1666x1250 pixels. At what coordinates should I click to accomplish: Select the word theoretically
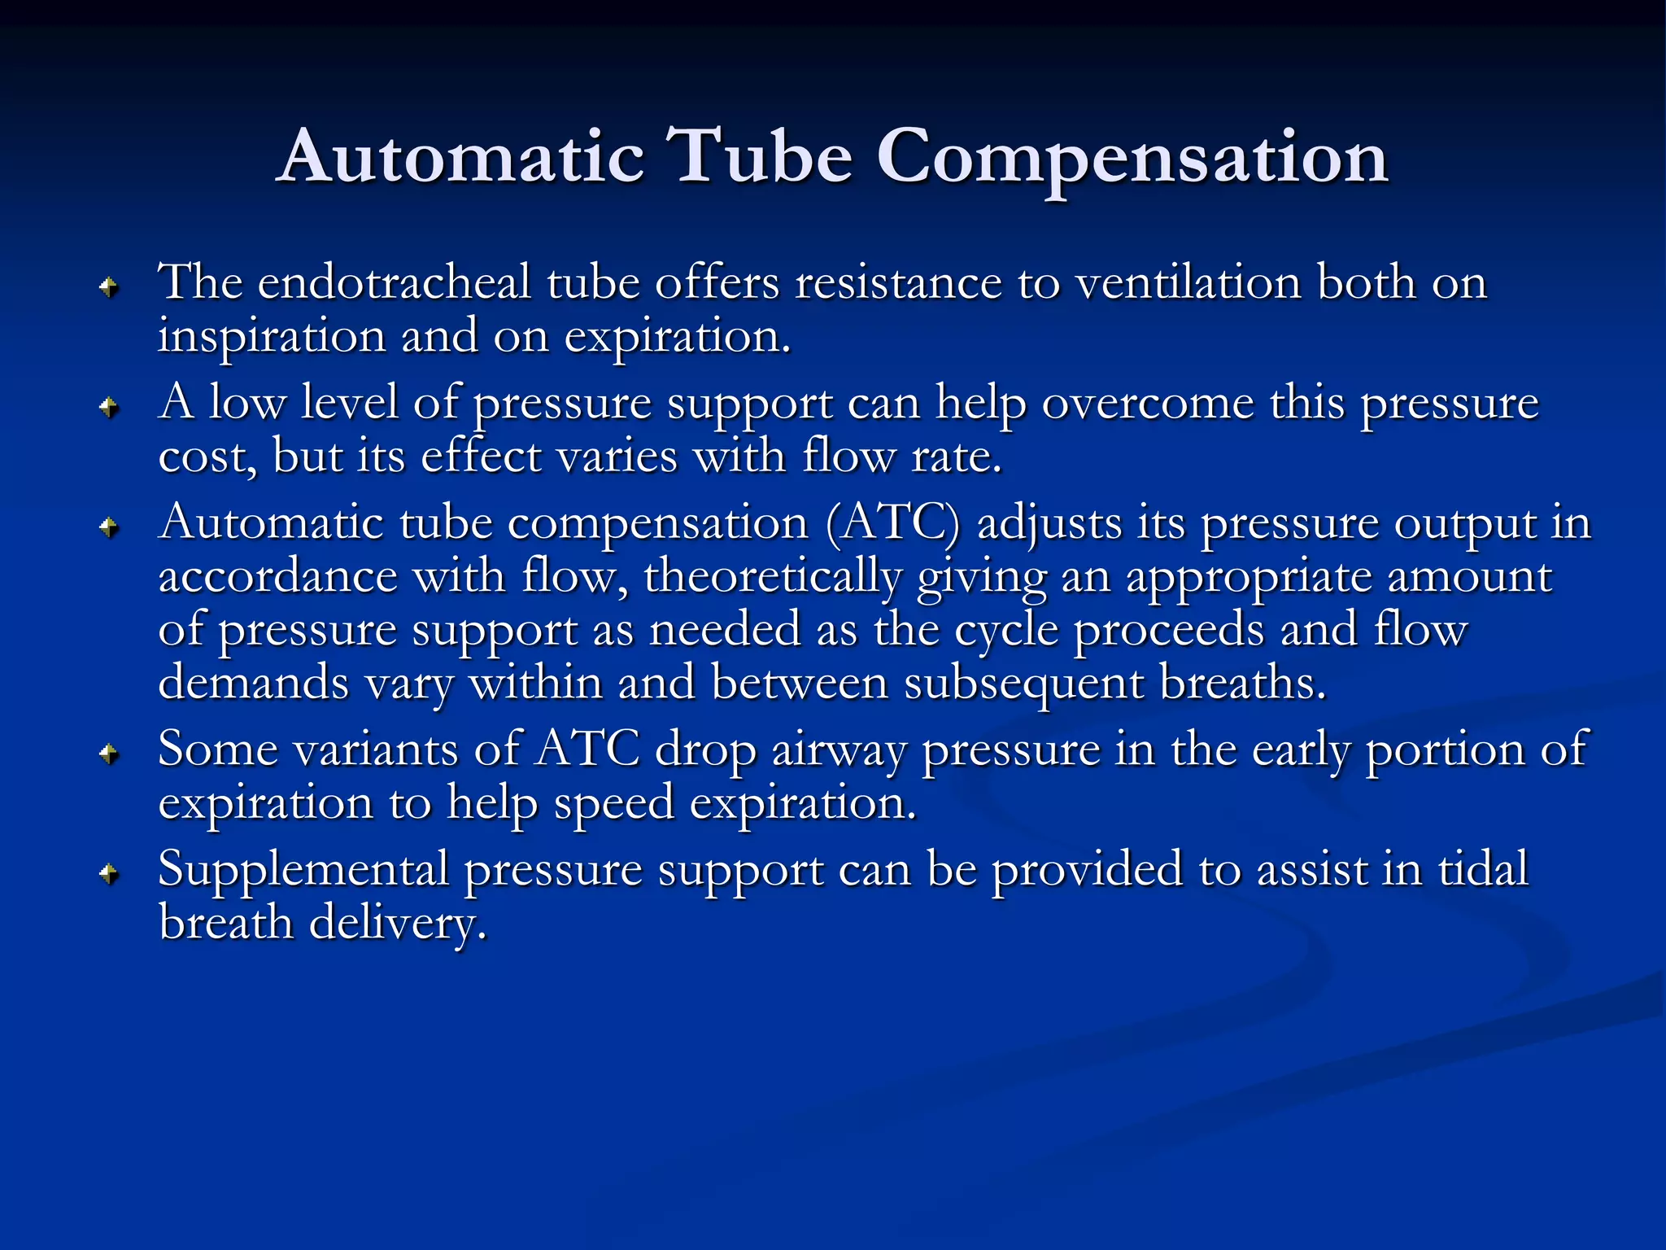[x=773, y=576]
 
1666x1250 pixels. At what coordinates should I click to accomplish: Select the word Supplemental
[x=303, y=870]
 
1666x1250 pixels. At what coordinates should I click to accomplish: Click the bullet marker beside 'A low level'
[x=109, y=406]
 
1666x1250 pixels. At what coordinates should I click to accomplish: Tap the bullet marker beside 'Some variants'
[x=109, y=754]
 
